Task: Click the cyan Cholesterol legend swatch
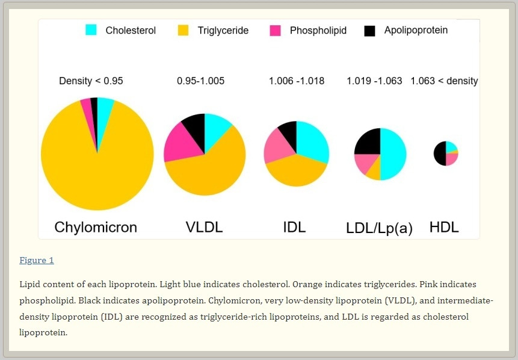pyautogui.click(x=91, y=30)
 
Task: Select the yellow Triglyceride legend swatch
pyautogui.click(x=183, y=30)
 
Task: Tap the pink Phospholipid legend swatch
pyautogui.click(x=275, y=30)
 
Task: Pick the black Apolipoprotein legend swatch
pyautogui.click(x=370, y=30)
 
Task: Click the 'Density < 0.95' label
pyautogui.click(x=91, y=81)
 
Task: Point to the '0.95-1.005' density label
pyautogui.click(x=200, y=81)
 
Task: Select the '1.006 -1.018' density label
pyautogui.click(x=296, y=81)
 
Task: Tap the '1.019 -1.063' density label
pyautogui.click(x=374, y=81)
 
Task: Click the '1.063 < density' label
pyautogui.click(x=444, y=81)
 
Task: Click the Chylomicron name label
pyautogui.click(x=96, y=227)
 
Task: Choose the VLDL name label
pyautogui.click(x=204, y=227)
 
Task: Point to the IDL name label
pyautogui.click(x=294, y=227)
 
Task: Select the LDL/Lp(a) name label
pyautogui.click(x=379, y=228)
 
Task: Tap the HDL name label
pyautogui.click(x=444, y=227)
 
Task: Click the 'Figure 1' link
pyautogui.click(x=37, y=260)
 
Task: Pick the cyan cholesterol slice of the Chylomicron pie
pyautogui.click(x=105, y=106)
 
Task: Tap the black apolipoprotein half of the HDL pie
pyautogui.click(x=439, y=154)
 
